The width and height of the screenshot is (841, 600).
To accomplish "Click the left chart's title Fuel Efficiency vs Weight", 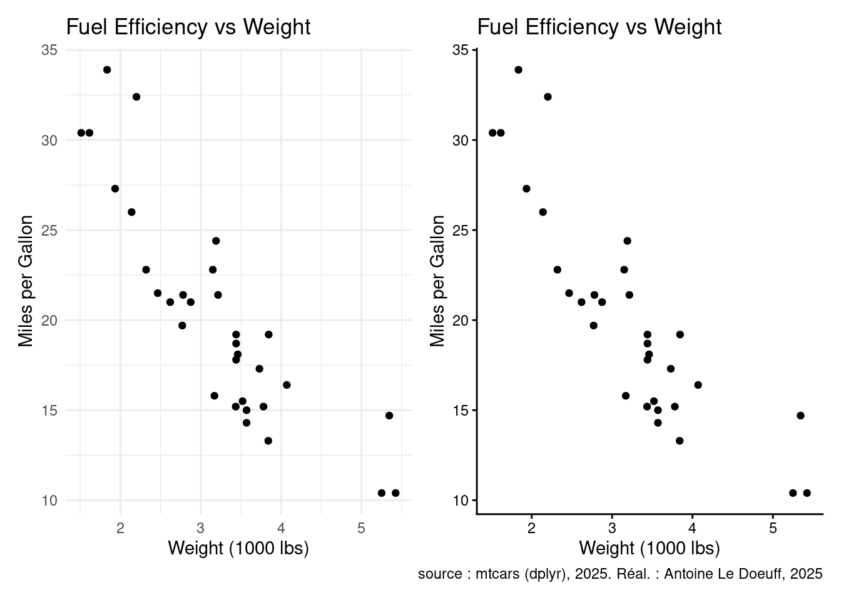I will [188, 27].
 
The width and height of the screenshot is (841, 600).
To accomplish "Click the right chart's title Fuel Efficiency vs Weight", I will [599, 27].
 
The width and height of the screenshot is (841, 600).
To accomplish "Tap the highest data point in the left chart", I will [107, 70].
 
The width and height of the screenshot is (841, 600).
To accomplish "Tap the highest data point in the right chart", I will [518, 70].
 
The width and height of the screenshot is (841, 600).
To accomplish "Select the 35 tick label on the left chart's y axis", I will [49, 50].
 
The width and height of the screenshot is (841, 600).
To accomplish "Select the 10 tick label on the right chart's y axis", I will [461, 501].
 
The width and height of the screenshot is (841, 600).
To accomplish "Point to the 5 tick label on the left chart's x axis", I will [362, 528].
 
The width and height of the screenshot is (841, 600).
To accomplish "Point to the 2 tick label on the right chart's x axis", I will [531, 528].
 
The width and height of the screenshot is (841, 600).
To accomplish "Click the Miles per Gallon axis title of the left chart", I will [26, 281].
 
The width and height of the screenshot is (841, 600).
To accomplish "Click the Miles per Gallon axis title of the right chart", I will [437, 281].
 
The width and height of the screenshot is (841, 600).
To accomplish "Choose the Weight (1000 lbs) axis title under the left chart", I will [238, 549].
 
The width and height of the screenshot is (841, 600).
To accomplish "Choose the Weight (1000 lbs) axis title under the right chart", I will [650, 549].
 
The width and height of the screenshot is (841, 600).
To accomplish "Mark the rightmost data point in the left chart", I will [395, 493].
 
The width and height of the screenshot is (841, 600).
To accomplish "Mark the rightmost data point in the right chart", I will [807, 493].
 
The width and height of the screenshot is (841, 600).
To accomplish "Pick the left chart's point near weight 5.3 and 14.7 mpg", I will [389, 416].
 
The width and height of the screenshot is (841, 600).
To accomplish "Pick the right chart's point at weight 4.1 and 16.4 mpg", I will [698, 385].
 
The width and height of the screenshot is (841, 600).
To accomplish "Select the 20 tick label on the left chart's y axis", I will [49, 321].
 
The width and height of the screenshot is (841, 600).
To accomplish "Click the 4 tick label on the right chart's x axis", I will [692, 528].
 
